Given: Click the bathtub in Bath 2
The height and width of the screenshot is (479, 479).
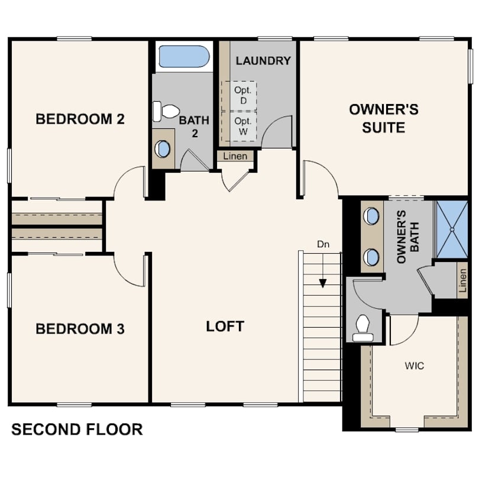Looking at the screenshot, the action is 184,57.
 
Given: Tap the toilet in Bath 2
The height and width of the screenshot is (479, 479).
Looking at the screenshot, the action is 166,112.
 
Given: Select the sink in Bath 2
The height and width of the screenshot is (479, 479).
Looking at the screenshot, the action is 163,149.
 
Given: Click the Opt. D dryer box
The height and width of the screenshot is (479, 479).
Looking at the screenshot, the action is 239,96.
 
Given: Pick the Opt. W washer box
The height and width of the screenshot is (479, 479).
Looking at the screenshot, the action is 239,126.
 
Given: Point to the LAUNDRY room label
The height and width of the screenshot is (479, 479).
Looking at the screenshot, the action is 263,61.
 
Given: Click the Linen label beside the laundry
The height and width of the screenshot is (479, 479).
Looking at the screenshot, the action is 235,156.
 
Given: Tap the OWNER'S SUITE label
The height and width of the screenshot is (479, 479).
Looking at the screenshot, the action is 384,118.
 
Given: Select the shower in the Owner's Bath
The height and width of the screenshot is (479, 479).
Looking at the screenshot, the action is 452,229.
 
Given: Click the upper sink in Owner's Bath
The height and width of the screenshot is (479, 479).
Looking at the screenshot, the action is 371,216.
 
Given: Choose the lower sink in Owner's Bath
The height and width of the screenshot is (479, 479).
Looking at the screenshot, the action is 371,257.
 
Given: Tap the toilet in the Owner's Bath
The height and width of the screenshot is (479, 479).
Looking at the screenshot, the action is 363,328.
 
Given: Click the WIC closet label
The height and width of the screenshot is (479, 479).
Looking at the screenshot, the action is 414,365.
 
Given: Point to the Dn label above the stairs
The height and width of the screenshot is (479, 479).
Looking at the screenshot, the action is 323,244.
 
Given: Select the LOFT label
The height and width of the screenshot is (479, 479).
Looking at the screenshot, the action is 225,326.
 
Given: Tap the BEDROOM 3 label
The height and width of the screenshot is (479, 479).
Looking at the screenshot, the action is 80,329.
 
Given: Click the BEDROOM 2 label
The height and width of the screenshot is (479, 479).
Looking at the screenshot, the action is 80,119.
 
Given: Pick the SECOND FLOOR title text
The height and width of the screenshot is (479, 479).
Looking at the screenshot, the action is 77,429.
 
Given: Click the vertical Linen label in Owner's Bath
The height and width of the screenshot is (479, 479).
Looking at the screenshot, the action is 463,280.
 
